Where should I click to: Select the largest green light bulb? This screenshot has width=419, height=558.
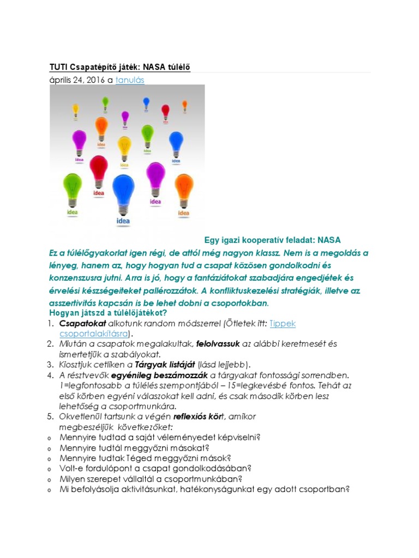click(x=73, y=185)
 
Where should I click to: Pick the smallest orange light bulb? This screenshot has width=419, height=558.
click(x=184, y=104)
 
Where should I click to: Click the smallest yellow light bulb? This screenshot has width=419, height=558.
click(x=76, y=109)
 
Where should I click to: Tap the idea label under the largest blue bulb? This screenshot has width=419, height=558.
click(x=123, y=221)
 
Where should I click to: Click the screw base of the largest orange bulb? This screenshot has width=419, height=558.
click(x=101, y=138)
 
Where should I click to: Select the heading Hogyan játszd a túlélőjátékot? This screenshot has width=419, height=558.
click(x=108, y=313)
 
